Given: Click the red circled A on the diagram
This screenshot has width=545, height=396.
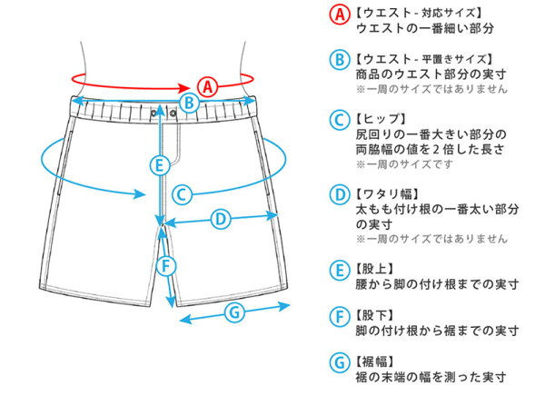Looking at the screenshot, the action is pos(207,87).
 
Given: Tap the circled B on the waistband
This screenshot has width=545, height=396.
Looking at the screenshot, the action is pos(189,103).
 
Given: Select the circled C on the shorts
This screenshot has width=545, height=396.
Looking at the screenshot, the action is pos(182,194).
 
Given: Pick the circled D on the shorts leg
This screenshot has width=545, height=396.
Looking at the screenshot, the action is pos(221,220).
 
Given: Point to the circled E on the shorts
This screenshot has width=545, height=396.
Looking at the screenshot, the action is pos(160,165).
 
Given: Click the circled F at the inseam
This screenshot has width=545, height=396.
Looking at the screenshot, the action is pos(166,267).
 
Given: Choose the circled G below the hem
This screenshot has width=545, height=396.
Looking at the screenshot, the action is pos(234,312).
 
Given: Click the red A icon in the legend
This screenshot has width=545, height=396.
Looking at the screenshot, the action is pos(340,15).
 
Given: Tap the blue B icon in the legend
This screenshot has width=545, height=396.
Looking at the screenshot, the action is pos(339,59).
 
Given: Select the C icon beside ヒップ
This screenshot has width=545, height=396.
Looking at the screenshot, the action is pos(339,120).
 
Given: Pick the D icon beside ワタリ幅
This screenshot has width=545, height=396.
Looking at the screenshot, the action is pos(339,194).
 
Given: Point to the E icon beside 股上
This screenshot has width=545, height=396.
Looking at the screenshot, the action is pos(339,271).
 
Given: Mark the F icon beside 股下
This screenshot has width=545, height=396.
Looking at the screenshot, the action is pos(339,317).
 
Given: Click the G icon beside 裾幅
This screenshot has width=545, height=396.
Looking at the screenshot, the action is pos(339,363).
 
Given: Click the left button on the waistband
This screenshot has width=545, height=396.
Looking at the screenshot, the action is pos(154,113).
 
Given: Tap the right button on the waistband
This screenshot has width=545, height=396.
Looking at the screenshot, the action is pos(173,113).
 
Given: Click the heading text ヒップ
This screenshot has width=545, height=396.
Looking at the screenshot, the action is pos(381,119).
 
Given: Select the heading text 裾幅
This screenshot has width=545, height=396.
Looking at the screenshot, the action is pos(374,361).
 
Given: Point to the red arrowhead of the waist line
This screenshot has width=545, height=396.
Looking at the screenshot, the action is pos(184,87).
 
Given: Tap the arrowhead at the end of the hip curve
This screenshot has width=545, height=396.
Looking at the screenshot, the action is pos(140,194).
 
